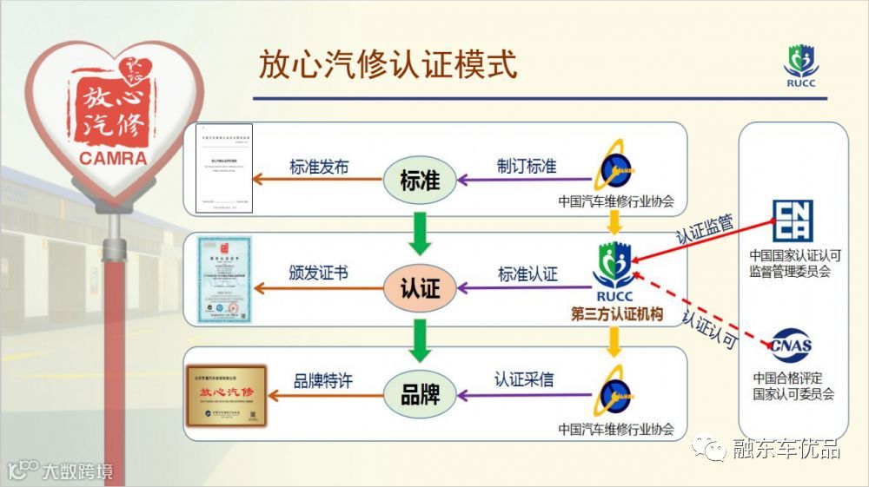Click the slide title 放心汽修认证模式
click(388, 65)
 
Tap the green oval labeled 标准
click(421, 181)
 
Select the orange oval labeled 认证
click(421, 287)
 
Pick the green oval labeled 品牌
click(421, 395)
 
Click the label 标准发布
click(318, 166)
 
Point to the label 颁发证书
click(318, 273)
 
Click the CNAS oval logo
click(790, 345)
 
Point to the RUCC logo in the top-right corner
click(800, 66)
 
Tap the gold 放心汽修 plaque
click(226, 397)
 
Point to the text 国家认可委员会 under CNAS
click(793, 394)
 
